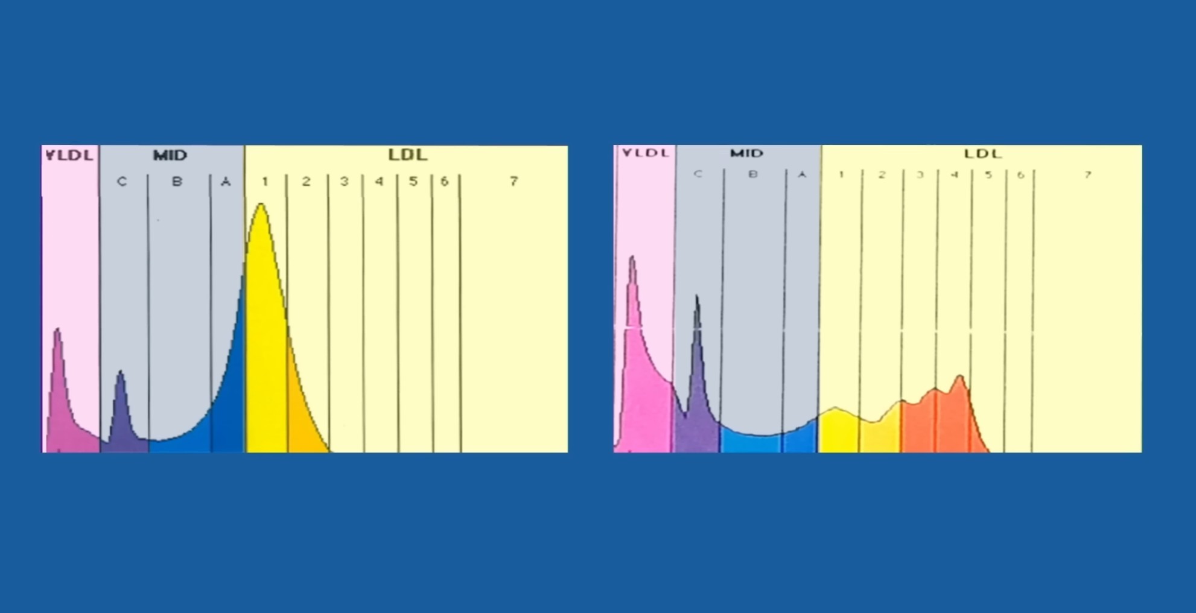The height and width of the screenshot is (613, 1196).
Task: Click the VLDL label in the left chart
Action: (x=70, y=155)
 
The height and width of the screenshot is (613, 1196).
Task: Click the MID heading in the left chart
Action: (x=170, y=155)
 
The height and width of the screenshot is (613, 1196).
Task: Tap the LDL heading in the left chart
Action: (x=408, y=155)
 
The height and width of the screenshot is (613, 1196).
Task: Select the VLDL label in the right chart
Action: (x=646, y=153)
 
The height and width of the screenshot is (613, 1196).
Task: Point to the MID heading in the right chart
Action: (x=747, y=153)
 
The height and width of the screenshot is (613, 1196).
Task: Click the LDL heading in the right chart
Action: (x=983, y=154)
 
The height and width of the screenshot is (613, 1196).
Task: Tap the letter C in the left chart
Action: (x=122, y=182)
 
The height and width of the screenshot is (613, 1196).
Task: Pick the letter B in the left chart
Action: (x=177, y=181)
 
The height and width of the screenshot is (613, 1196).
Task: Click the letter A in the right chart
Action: (x=802, y=174)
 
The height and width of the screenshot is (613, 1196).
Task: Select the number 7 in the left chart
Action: (x=514, y=181)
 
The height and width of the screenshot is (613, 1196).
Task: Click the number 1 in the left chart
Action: (x=265, y=181)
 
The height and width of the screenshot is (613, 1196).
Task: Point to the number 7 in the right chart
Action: (x=1087, y=175)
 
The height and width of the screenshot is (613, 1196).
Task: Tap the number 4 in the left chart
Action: (x=379, y=181)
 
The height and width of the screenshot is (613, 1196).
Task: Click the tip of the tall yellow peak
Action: (x=261, y=205)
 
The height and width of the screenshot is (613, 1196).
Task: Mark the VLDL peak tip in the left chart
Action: (x=57, y=329)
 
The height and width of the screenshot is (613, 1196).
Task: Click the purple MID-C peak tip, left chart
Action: (x=121, y=372)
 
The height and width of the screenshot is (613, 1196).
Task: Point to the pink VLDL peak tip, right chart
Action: (x=632, y=258)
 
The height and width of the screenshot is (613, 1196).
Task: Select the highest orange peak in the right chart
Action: (x=959, y=376)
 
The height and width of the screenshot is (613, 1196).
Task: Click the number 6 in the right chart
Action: (x=1020, y=175)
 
